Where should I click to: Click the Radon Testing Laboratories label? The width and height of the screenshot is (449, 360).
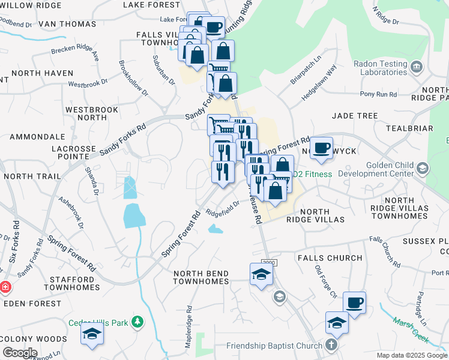(381, 68)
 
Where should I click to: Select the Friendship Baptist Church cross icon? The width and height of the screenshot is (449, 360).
(331, 346)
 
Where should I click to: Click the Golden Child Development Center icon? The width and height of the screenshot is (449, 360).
(423, 169)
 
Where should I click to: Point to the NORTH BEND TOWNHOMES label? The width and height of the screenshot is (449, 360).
(201, 277)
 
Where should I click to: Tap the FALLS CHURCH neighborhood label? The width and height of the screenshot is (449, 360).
(330, 258)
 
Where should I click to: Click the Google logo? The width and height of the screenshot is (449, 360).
(19, 353)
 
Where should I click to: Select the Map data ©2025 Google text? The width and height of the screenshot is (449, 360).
(412, 355)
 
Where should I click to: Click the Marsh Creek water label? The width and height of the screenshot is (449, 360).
(411, 331)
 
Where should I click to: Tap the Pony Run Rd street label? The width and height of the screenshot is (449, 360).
(378, 94)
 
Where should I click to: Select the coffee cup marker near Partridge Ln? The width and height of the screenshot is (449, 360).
(354, 303)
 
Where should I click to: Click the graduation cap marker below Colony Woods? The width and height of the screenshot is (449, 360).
(92, 335)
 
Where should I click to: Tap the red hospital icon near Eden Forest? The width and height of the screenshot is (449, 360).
(5, 287)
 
